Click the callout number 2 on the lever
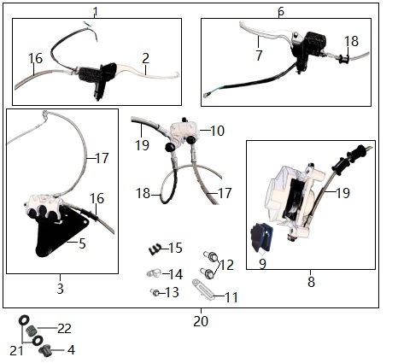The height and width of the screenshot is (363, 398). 145,58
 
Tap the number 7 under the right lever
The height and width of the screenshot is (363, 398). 259,56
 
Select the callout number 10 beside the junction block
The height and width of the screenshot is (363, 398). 218,131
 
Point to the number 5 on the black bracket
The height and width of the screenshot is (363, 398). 82,243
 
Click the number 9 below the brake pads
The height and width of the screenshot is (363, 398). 262,264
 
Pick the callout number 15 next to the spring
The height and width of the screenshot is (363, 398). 175,248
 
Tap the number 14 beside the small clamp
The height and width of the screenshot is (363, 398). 176,274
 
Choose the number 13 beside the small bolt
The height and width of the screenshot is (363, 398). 172,292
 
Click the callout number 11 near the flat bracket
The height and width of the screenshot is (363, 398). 231,298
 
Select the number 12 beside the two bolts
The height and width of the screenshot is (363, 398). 227,265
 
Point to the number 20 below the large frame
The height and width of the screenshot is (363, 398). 201,321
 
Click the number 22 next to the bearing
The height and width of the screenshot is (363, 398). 64,329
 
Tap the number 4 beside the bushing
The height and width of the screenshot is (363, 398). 71,350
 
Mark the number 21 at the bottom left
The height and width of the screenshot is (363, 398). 16,351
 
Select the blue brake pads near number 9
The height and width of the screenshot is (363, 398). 261,237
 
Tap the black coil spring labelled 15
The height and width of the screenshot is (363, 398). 155,249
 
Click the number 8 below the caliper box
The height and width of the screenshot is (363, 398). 311,282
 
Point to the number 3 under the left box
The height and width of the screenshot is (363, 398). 60,289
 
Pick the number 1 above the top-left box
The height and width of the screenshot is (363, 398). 96,12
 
